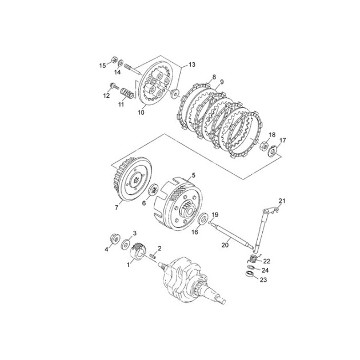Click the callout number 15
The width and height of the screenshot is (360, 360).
pyautogui.click(x=102, y=66)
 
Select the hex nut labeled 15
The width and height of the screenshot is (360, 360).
pyautogui.click(x=114, y=59)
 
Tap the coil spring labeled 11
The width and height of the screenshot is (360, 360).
pyautogui.click(x=127, y=93)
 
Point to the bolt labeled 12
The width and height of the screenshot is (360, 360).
pyautogui.click(x=114, y=86)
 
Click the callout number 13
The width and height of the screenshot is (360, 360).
pyautogui.click(x=191, y=65)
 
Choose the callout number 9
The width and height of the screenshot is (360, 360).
pyautogui.click(x=222, y=82)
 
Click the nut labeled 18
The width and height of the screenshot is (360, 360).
pyautogui.click(x=264, y=145)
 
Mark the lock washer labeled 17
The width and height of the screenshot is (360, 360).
pyautogui.click(x=273, y=151)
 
